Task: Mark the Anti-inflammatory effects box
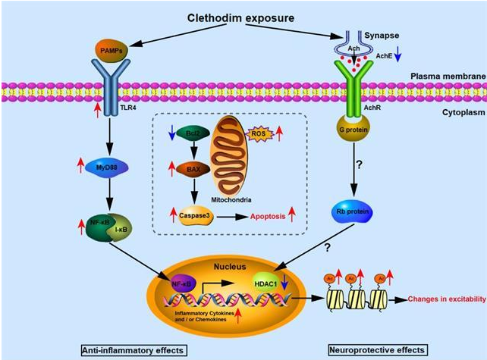[x=134, y=350]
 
